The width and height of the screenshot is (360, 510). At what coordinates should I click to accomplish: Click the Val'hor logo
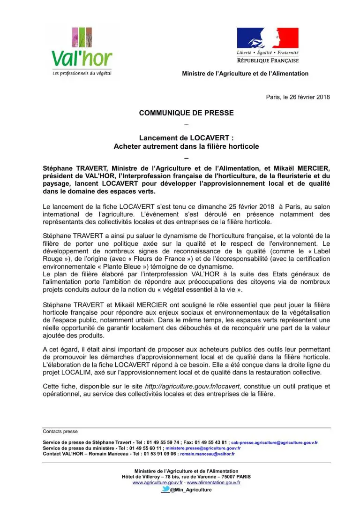82,51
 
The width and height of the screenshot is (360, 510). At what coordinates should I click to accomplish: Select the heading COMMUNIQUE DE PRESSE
186,113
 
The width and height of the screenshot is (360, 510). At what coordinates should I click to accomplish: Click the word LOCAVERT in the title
210,138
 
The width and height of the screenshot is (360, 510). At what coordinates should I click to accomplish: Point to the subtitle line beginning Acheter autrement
186,146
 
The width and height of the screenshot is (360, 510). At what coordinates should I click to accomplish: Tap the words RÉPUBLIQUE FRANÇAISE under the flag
268,61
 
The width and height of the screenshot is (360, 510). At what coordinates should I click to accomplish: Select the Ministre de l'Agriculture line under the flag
245,74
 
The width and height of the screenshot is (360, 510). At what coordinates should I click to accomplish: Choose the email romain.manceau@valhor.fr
207,454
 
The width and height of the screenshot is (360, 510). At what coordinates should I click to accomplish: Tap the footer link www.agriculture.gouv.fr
157,482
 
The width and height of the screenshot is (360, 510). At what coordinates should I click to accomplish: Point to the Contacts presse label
60,431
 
